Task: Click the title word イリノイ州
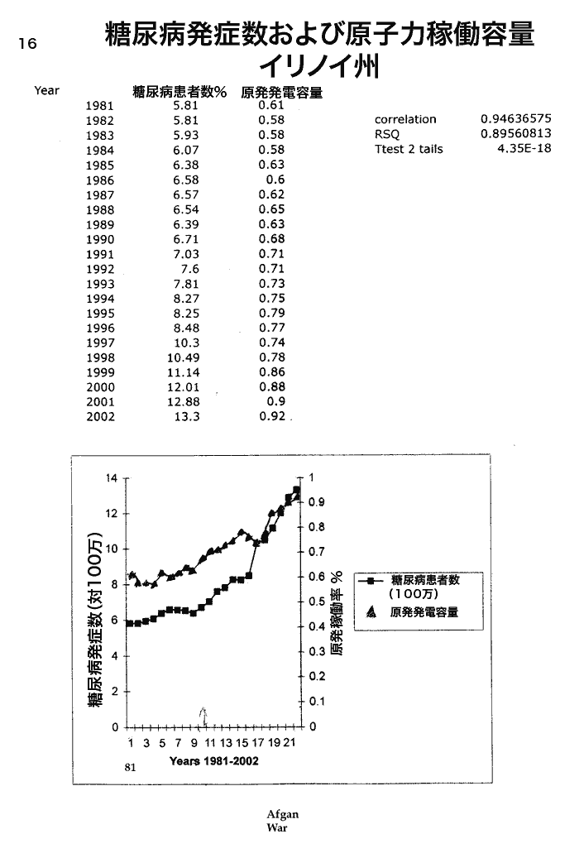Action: point(318,65)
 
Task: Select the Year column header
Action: point(46,90)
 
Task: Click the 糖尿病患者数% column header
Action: point(180,93)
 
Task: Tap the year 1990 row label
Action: point(100,238)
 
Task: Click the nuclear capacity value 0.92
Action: point(271,416)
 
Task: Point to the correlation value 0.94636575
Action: point(515,119)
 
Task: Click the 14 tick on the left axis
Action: point(113,477)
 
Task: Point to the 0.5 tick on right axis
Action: point(316,602)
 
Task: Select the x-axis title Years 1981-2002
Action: point(213,760)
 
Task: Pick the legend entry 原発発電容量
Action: point(424,613)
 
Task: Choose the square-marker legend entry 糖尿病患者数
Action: point(424,581)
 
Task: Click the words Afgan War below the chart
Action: point(280,821)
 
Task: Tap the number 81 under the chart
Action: point(130,767)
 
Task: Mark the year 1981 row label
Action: point(100,105)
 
